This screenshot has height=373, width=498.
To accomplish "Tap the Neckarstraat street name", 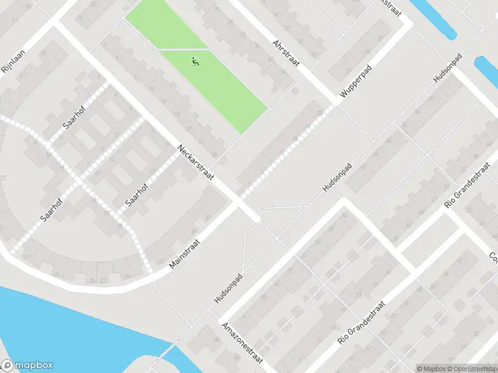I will click(195, 163).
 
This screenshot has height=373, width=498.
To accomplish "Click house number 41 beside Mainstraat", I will click(207, 216).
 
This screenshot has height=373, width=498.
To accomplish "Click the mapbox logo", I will click(27, 366).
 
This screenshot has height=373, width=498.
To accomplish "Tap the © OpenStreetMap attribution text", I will click(471, 368).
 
